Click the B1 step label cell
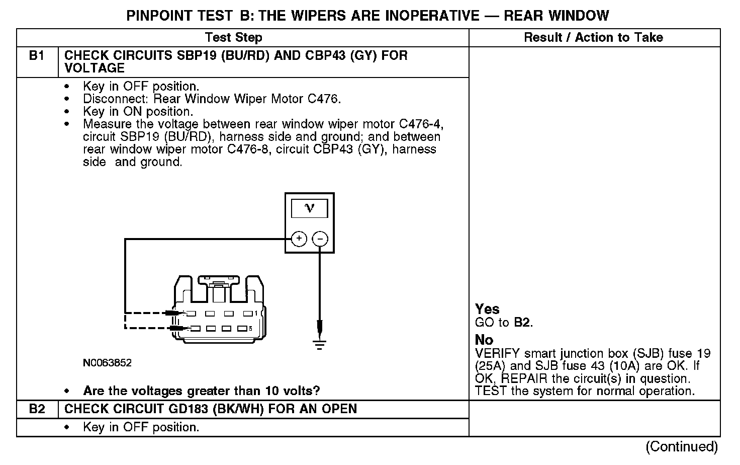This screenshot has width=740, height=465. point(37,56)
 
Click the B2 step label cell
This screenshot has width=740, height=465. point(37,409)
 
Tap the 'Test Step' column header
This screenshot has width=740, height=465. point(233,38)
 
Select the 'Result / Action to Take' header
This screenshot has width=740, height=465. point(593,38)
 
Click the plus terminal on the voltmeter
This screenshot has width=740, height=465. point(299,239)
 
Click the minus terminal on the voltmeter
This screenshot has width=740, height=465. point(320,239)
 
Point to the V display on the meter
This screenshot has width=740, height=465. point(310,208)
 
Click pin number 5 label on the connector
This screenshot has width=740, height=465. point(250,329)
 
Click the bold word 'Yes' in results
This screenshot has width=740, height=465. point(487,309)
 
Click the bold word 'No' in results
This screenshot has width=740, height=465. point(484,340)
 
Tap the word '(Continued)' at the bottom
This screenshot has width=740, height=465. point(682,446)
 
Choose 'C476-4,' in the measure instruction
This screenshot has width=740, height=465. point(421,124)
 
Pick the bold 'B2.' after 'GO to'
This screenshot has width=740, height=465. point(522,323)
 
